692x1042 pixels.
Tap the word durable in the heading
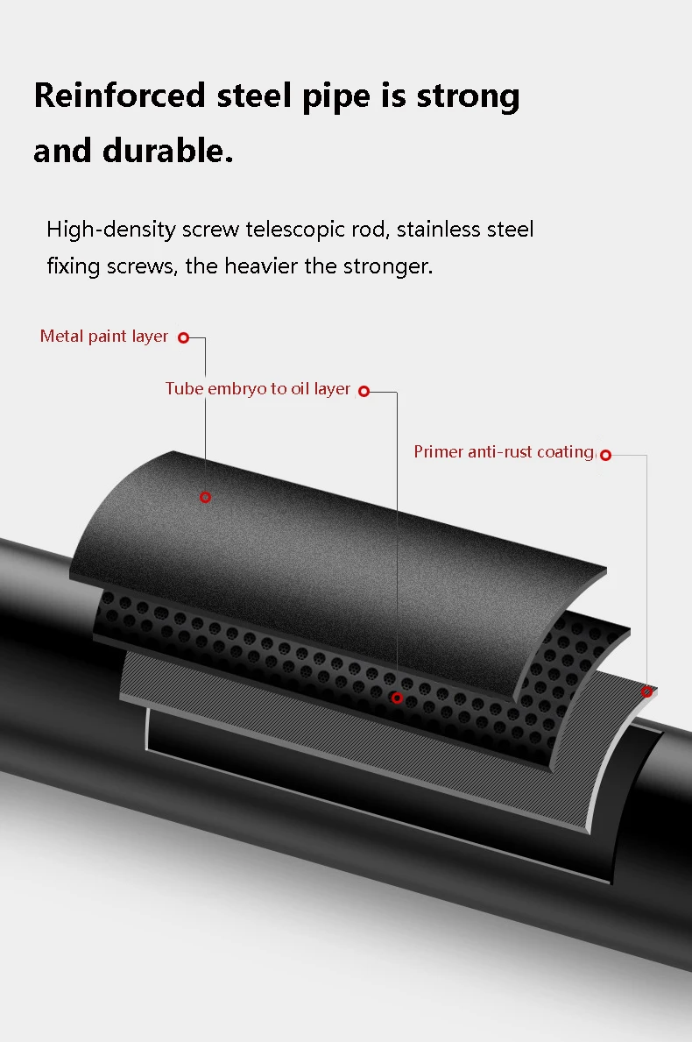pyautogui.click(x=167, y=151)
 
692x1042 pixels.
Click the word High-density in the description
pyautogui.click(x=111, y=230)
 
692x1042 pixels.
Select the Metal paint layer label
pyautogui.click(x=104, y=337)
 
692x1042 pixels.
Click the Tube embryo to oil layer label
pyautogui.click(x=258, y=389)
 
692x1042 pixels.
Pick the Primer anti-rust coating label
pyautogui.click(x=504, y=452)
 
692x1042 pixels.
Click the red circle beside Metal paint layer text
pyautogui.click(x=184, y=337)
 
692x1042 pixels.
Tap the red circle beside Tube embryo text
pyautogui.click(x=364, y=391)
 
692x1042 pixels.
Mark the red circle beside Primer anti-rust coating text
pyautogui.click(x=605, y=455)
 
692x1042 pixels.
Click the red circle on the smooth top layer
pyautogui.click(x=205, y=497)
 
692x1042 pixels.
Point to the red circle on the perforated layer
pyautogui.click(x=397, y=698)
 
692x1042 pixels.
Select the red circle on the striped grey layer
pyautogui.click(x=647, y=691)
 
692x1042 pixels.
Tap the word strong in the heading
pyautogui.click(x=468, y=96)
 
